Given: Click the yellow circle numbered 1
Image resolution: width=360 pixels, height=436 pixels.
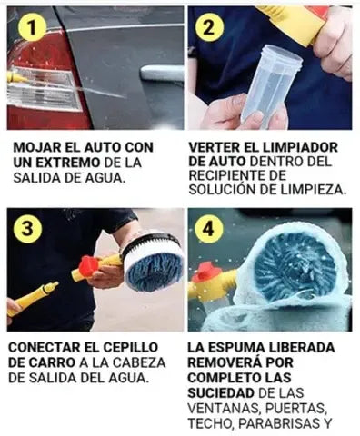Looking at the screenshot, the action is click(x=32, y=28).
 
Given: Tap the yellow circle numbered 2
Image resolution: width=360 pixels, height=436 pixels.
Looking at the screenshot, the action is click(x=209, y=28).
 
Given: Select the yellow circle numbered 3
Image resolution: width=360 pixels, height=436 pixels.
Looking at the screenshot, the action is click(x=27, y=229).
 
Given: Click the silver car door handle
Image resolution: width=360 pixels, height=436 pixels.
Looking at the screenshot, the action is click(x=162, y=74).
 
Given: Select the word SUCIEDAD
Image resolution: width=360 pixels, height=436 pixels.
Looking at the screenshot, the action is click(x=221, y=393).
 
